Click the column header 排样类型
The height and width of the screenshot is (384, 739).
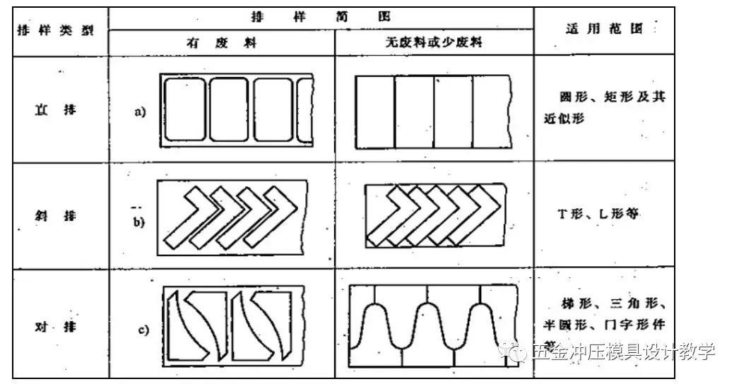[55, 32]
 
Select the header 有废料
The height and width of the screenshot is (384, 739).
[222, 43]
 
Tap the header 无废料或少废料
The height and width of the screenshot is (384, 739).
[434, 43]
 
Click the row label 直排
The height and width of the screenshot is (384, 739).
[55, 111]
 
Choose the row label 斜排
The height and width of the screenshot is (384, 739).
[55, 214]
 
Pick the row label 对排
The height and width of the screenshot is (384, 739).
[55, 327]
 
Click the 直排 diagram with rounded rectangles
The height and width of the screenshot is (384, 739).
[236, 111]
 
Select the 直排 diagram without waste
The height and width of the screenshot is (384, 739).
[433, 112]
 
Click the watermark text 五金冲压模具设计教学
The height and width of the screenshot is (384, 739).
[615, 351]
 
